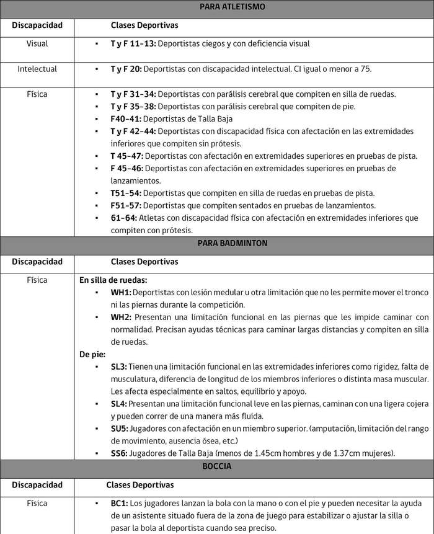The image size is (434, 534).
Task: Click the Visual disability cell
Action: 37,44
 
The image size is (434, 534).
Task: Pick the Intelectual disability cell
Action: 37,69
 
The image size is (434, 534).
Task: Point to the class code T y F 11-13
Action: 133,44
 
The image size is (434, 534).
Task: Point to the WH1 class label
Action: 121,292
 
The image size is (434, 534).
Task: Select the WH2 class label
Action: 122,317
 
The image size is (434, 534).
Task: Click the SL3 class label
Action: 119,367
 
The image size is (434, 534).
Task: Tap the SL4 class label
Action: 119,404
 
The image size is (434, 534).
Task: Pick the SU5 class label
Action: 120,429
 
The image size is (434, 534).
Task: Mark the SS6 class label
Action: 120,453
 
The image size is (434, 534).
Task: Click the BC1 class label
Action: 120,503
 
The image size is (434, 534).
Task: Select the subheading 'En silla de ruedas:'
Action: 113,280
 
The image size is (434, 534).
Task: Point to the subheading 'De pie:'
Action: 92,354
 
